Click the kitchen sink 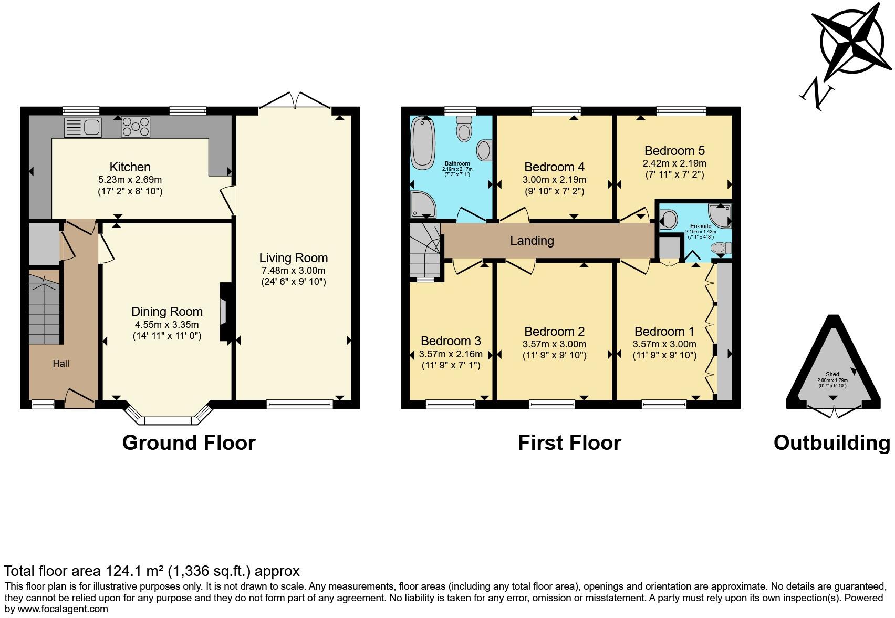tap(82, 128)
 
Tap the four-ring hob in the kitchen tap(136, 127)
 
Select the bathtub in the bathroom tap(423, 143)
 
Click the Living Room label tap(294, 258)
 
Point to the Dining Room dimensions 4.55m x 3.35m tap(166, 325)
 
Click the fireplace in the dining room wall tap(226, 312)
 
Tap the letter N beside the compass tap(817, 95)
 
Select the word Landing tap(532, 241)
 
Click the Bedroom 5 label tap(674, 151)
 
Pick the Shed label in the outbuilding tap(832, 374)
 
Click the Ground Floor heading tap(189, 443)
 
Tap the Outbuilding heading tap(832, 443)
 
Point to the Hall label tap(61, 363)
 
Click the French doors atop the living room tap(295, 100)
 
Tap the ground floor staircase tap(44, 307)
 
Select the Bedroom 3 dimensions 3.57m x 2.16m tap(451, 354)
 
